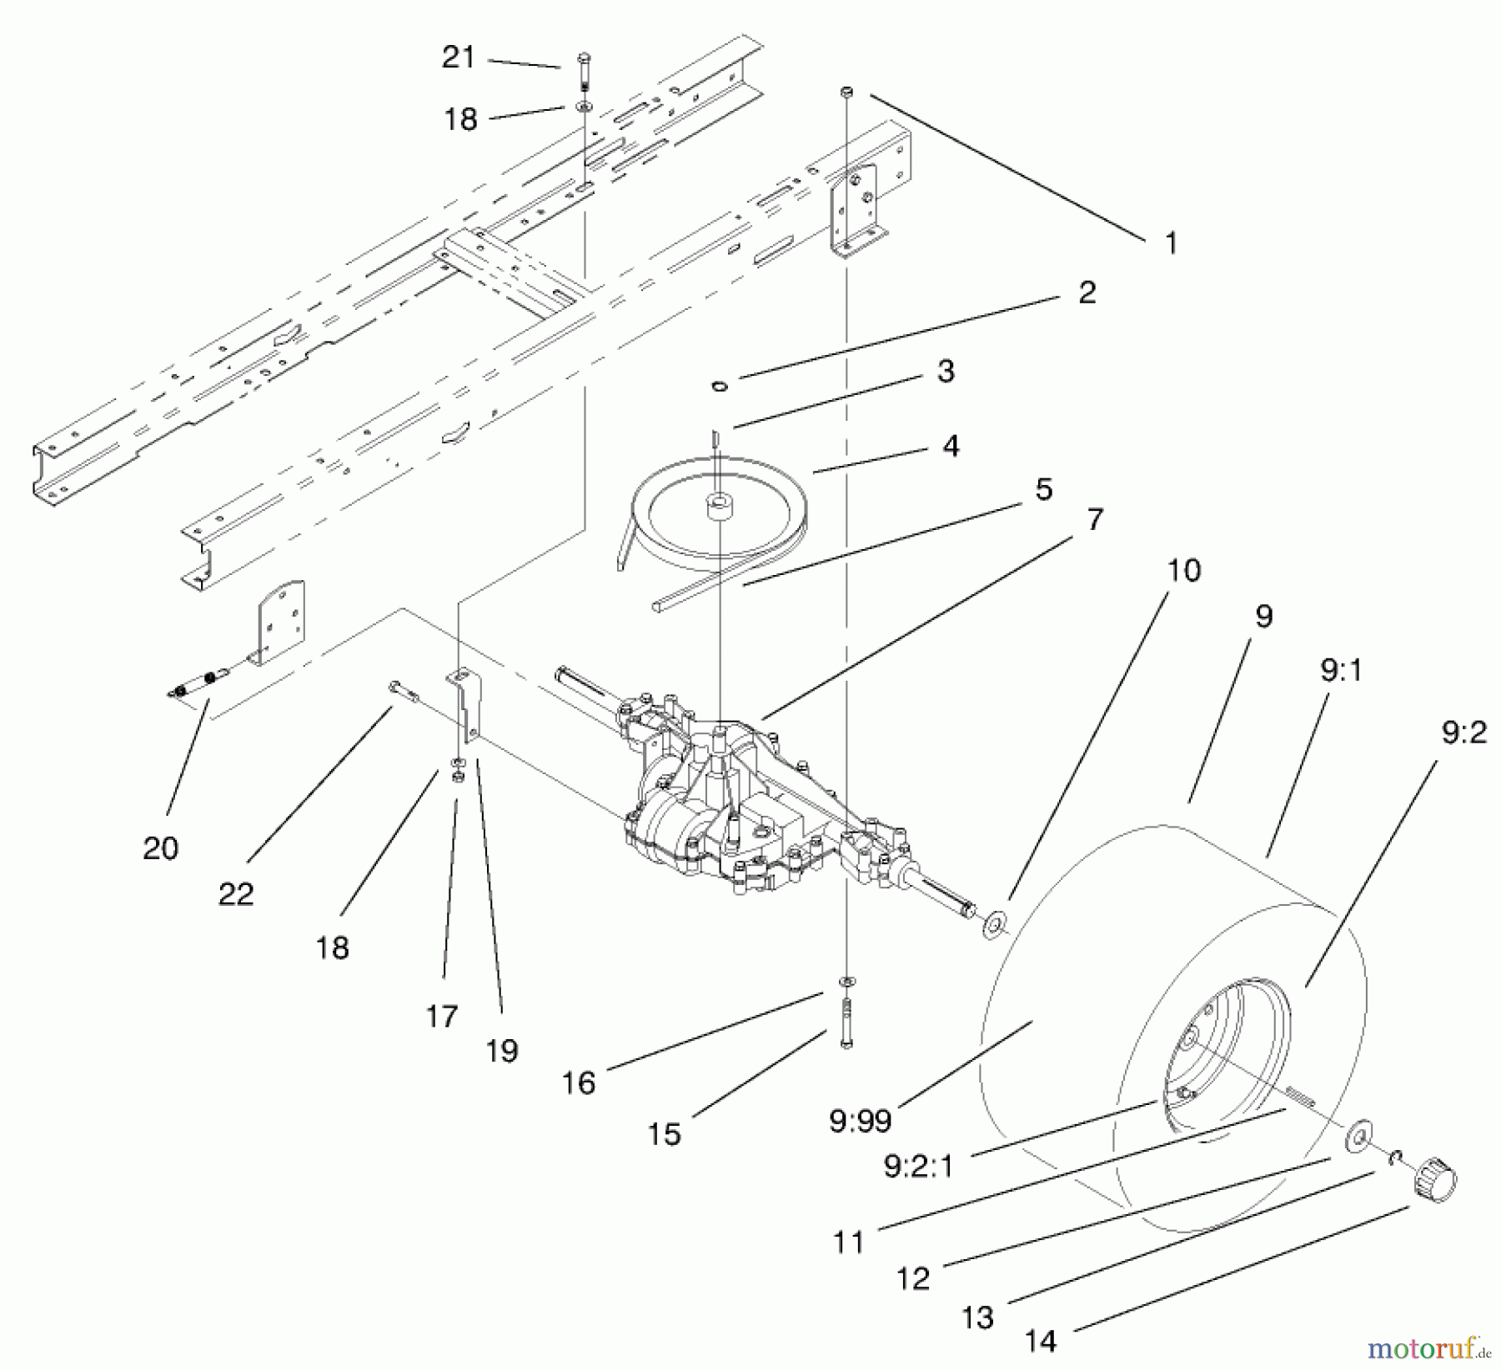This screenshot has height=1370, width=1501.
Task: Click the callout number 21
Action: (458, 57)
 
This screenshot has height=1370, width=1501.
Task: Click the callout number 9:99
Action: (861, 1121)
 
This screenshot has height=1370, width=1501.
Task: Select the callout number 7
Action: (1095, 520)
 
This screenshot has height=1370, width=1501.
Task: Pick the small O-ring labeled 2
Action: (720, 385)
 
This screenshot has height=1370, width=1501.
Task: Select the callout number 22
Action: (236, 894)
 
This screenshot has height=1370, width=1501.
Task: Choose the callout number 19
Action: (502, 1051)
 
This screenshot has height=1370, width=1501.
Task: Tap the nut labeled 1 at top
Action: (846, 89)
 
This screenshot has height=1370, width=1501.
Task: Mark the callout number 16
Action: (579, 1082)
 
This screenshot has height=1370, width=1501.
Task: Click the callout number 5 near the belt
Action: (1043, 489)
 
